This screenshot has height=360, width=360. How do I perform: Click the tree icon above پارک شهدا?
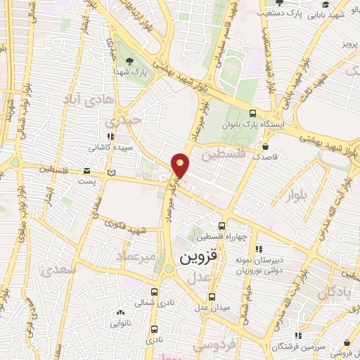(x=128, y=59)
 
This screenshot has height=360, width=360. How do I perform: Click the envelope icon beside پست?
(x=86, y=170)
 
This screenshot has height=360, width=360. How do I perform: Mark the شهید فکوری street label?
(x=124, y=227)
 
